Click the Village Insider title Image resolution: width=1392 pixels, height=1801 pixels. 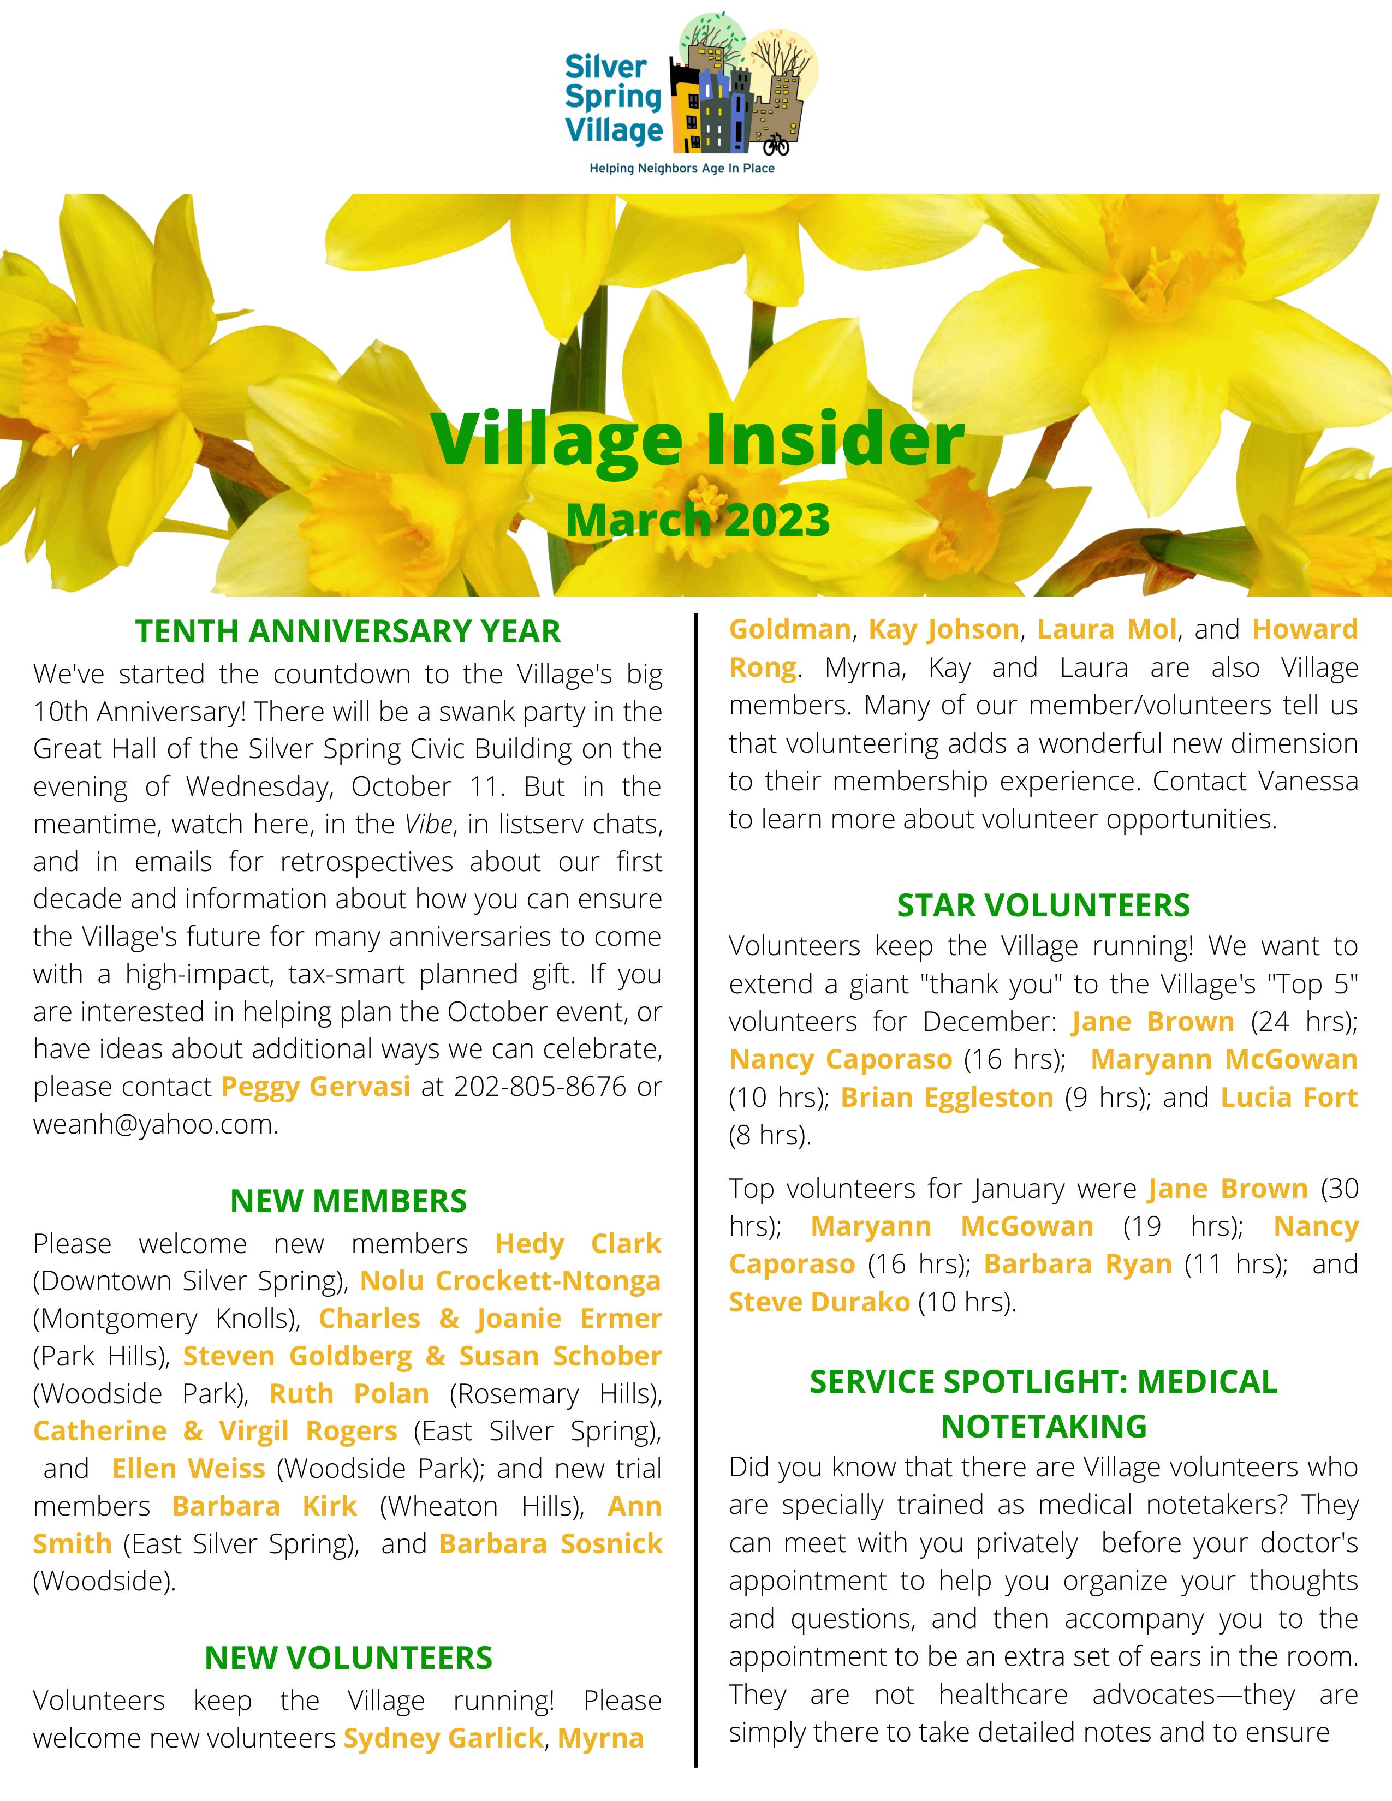[x=699, y=439]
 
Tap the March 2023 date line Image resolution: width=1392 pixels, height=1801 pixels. [x=698, y=520]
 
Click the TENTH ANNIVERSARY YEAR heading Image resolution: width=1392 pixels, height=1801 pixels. [x=348, y=631]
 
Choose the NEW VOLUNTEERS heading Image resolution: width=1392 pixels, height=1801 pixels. [x=348, y=1657]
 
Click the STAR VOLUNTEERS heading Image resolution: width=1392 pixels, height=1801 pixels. [x=1043, y=905]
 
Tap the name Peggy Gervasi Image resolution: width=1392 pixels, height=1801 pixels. [x=316, y=1087]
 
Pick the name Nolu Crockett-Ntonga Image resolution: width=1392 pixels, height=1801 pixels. [x=510, y=1281]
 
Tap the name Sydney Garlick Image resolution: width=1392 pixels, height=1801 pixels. [x=443, y=1738]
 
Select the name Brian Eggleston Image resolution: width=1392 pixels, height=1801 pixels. [x=947, y=1098]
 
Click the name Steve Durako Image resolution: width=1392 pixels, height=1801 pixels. [x=819, y=1302]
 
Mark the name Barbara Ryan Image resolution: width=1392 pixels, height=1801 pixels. [x=1077, y=1264]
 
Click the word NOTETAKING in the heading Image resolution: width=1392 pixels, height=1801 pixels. [x=1043, y=1426]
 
